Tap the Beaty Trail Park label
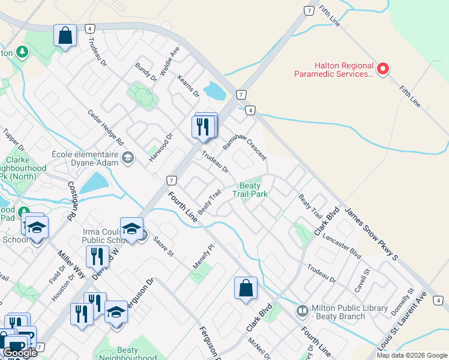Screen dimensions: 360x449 point(250,190)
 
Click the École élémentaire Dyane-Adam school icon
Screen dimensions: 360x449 point(127,158)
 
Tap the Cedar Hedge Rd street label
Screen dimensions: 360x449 point(105,128)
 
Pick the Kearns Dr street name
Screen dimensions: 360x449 point(188,86)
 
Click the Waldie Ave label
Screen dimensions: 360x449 point(174,59)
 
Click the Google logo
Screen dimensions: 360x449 point(20,353)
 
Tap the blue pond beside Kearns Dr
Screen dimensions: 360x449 point(214,91)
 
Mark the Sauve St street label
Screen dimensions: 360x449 point(163,246)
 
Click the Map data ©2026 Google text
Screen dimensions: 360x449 point(412,355)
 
